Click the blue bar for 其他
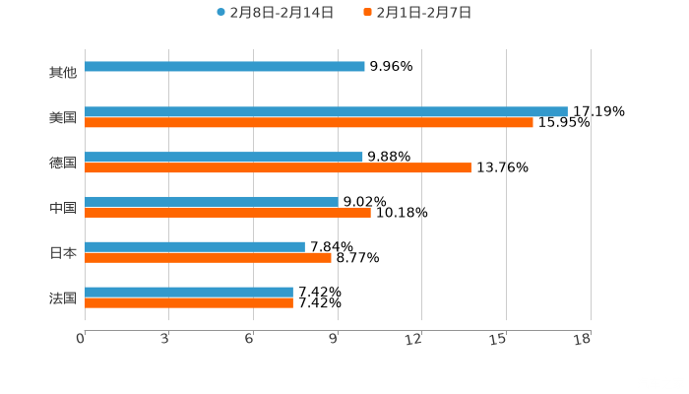(x=224, y=67)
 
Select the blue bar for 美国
(x=326, y=111)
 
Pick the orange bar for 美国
(x=309, y=123)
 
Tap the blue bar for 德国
(x=223, y=157)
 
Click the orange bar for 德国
(x=278, y=168)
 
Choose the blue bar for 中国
(x=212, y=201)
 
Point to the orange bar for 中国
(x=227, y=212)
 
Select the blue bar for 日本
(x=195, y=246)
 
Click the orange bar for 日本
(x=208, y=257)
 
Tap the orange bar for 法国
(x=189, y=302)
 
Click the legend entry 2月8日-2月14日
(x=275, y=13)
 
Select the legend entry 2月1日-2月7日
(x=417, y=13)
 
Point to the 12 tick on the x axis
(x=414, y=339)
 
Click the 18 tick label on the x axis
(x=582, y=339)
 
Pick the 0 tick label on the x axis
(x=81, y=339)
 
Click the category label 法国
(x=63, y=297)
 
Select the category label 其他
(x=63, y=72)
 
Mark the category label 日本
(x=63, y=252)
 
